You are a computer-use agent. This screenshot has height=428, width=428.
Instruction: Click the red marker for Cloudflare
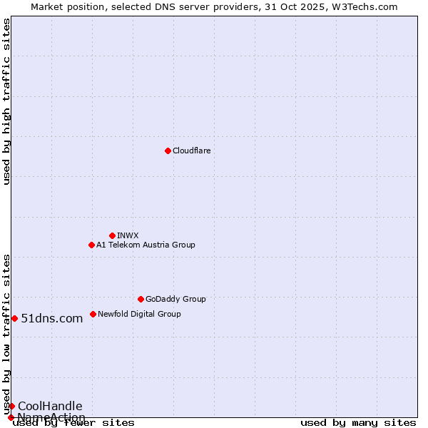[168, 151]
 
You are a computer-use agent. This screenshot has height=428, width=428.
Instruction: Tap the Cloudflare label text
[191, 151]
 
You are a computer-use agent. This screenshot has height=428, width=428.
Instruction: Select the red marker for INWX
[112, 235]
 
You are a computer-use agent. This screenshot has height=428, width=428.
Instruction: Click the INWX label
[128, 235]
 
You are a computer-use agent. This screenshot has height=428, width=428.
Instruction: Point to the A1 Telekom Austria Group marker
[91, 245]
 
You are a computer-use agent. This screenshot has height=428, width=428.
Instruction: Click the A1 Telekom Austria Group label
[146, 245]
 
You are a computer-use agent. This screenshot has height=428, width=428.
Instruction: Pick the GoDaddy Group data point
[141, 299]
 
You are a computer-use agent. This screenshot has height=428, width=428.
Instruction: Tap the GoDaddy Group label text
[175, 299]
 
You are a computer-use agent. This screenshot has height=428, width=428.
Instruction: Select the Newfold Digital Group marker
[93, 314]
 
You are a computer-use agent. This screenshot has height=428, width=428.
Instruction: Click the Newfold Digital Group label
[139, 314]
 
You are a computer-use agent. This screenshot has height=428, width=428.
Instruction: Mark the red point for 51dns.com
[14, 318]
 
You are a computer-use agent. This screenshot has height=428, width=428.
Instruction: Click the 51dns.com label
[52, 318]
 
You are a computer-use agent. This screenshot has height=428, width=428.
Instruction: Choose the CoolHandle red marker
[11, 406]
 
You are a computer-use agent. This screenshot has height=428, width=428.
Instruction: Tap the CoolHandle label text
[50, 406]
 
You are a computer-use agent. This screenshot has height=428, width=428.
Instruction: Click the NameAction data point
[10, 417]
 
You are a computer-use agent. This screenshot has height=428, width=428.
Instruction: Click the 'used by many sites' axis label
[358, 422]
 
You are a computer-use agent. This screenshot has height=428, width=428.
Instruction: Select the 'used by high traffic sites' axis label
[6, 101]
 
